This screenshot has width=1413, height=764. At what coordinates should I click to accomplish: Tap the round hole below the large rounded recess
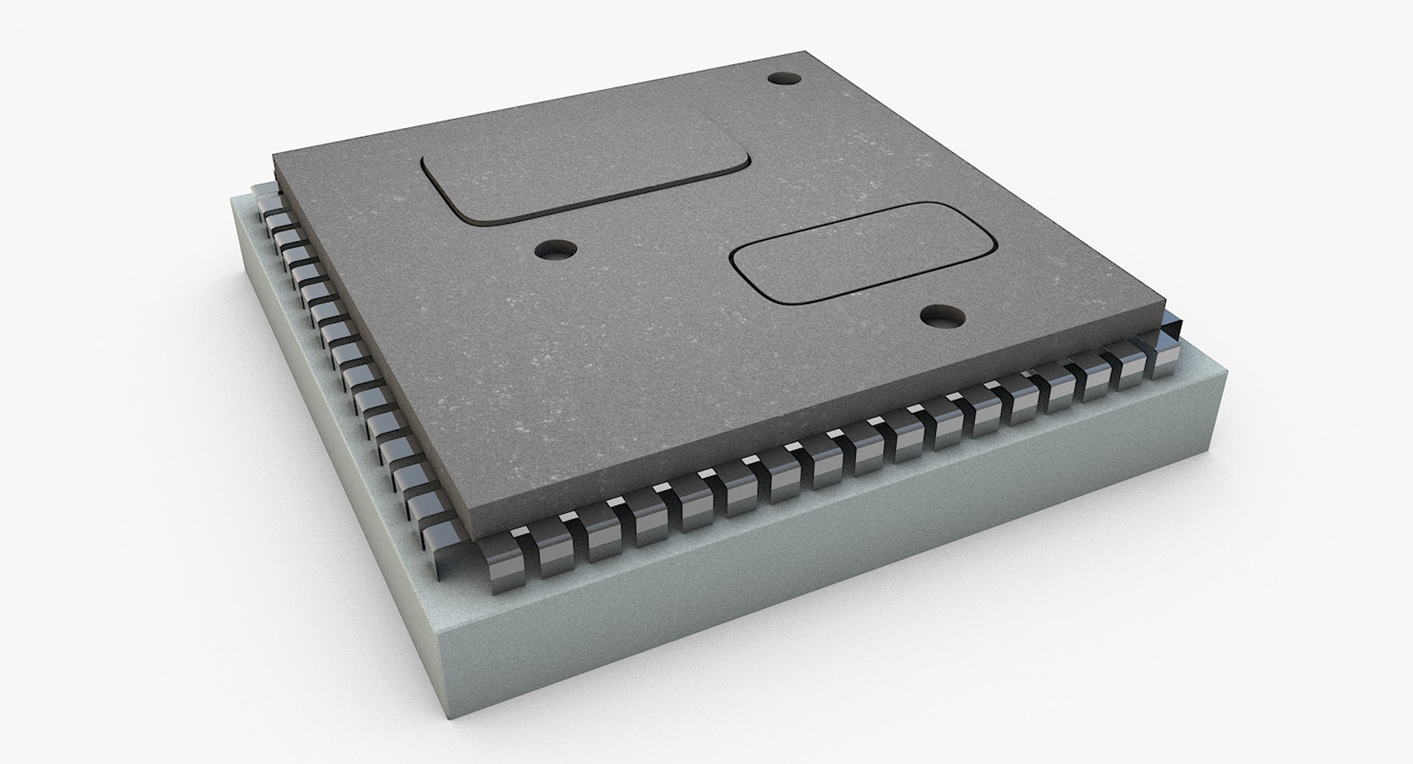[x=556, y=251]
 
